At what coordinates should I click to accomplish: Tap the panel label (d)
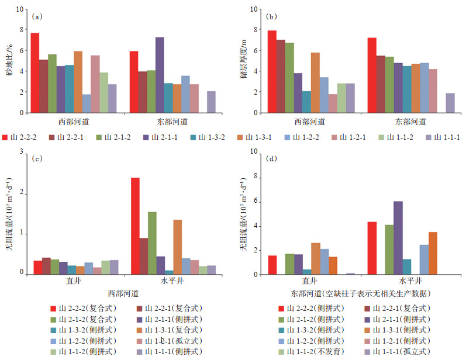tap(273, 158)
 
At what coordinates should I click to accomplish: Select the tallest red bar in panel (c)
tap(135, 225)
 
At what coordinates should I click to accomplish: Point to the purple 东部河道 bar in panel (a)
tap(160, 75)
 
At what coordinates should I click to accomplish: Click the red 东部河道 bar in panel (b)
tap(372, 75)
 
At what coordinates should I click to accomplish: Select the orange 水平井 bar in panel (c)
tap(177, 247)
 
